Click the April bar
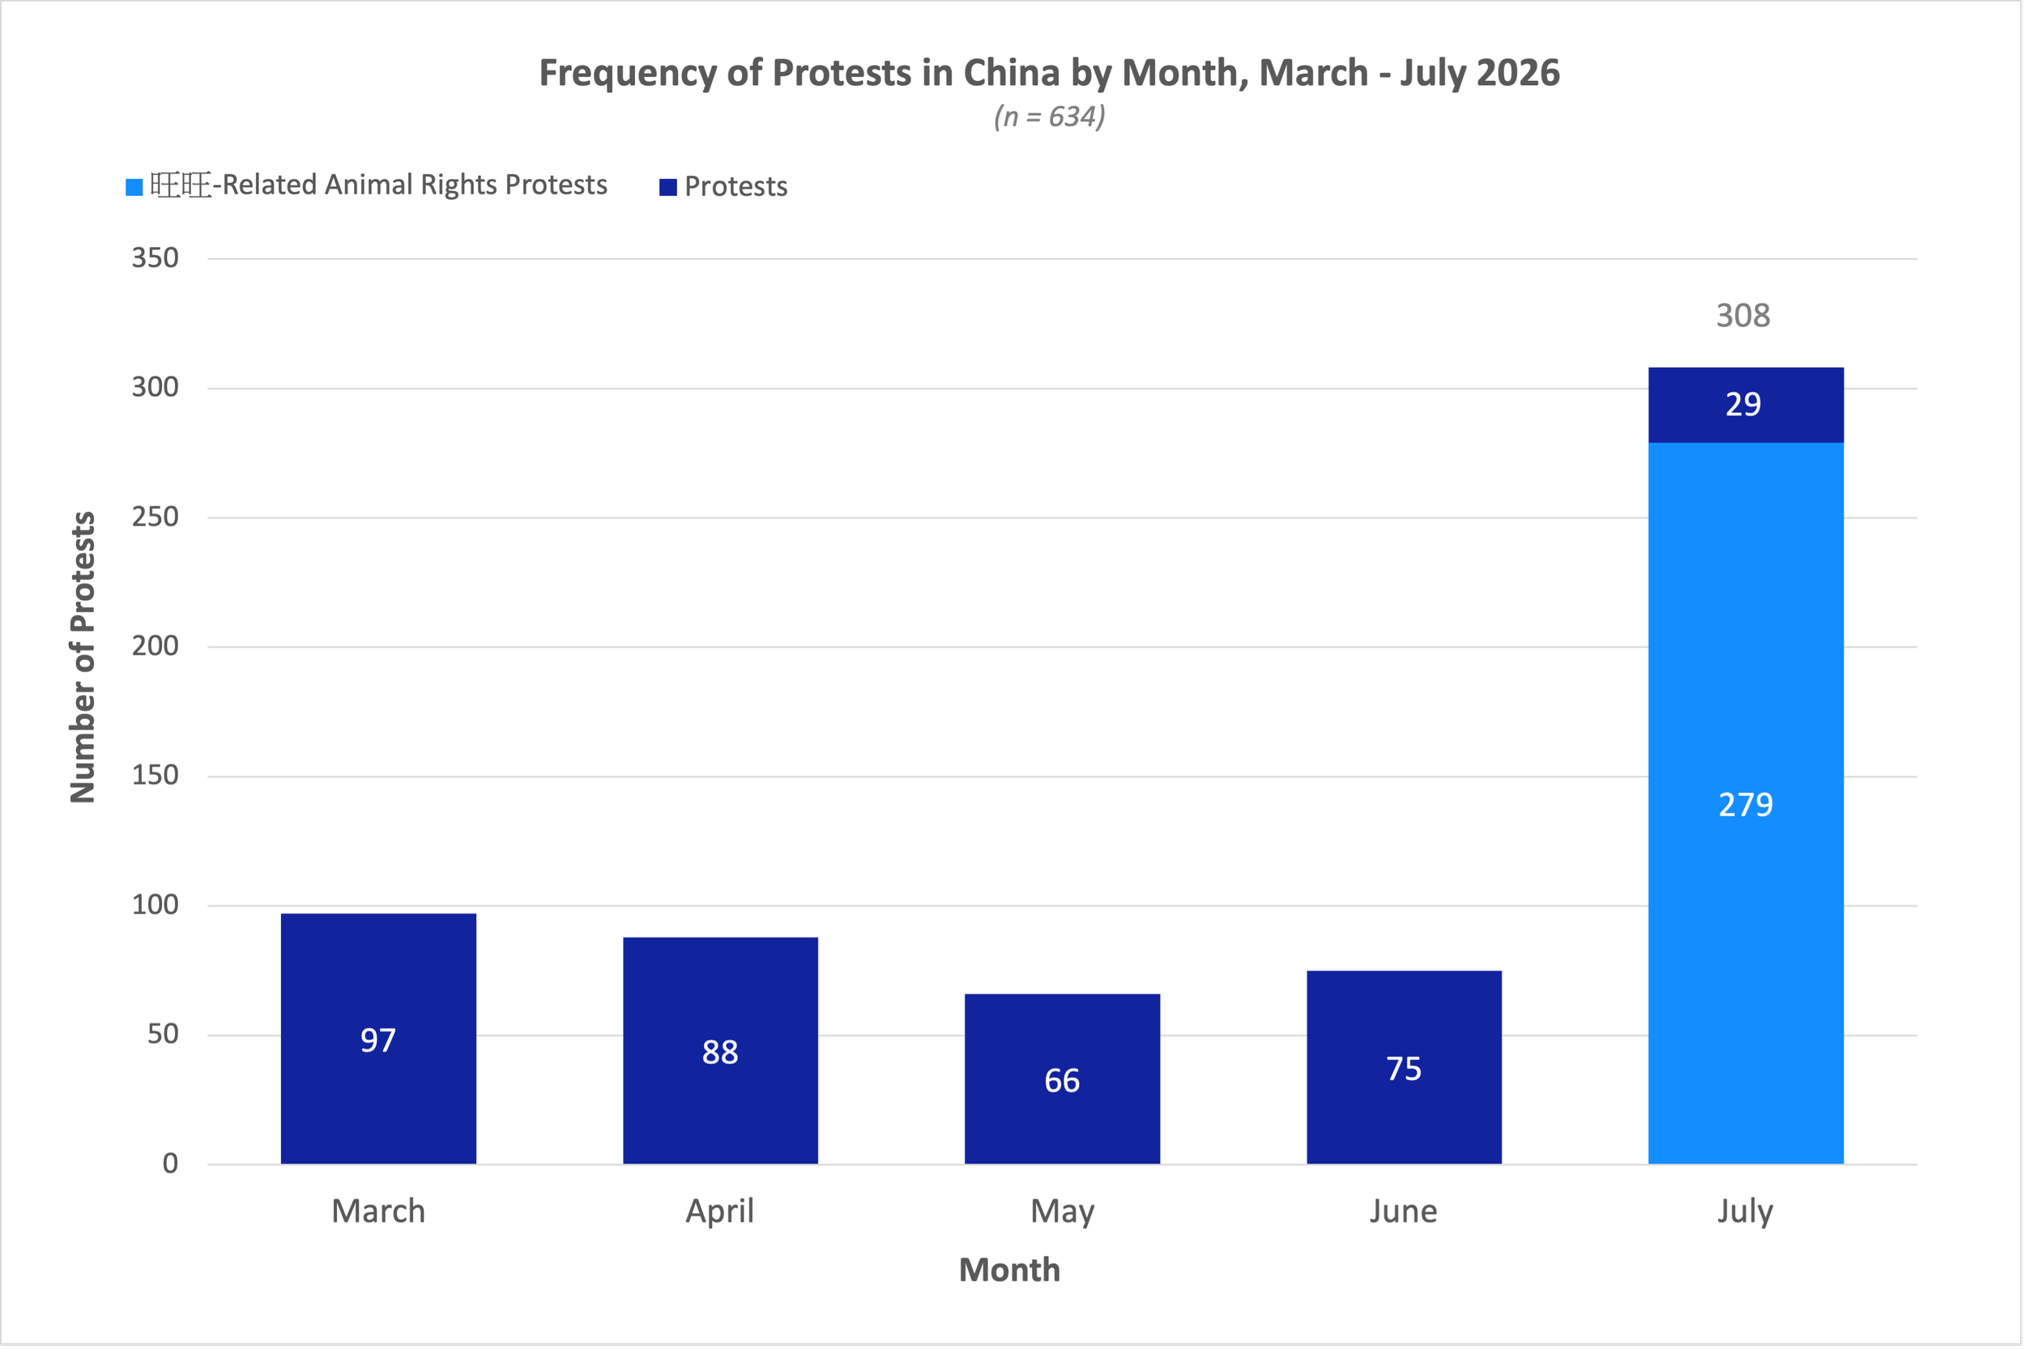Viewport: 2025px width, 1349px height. click(x=719, y=1050)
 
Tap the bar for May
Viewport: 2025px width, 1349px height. click(x=1062, y=1079)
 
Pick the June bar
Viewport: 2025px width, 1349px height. click(x=1404, y=1067)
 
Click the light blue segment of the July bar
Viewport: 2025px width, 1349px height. click(x=1746, y=803)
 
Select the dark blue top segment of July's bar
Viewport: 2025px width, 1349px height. click(x=1746, y=404)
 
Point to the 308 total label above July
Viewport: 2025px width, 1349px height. click(x=1743, y=316)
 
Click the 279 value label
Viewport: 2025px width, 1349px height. click(x=1746, y=804)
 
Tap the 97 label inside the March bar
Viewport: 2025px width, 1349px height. click(x=377, y=1040)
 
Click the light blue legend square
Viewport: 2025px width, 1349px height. click(x=134, y=187)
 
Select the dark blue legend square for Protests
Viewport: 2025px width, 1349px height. click(x=667, y=187)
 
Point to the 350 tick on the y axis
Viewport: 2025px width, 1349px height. click(x=155, y=257)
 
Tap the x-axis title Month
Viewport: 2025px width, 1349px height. click(x=1009, y=1270)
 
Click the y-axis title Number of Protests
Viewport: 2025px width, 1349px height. click(x=83, y=657)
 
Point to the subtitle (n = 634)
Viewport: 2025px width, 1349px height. click(x=1049, y=116)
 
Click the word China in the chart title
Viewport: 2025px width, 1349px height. click(x=1011, y=73)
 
